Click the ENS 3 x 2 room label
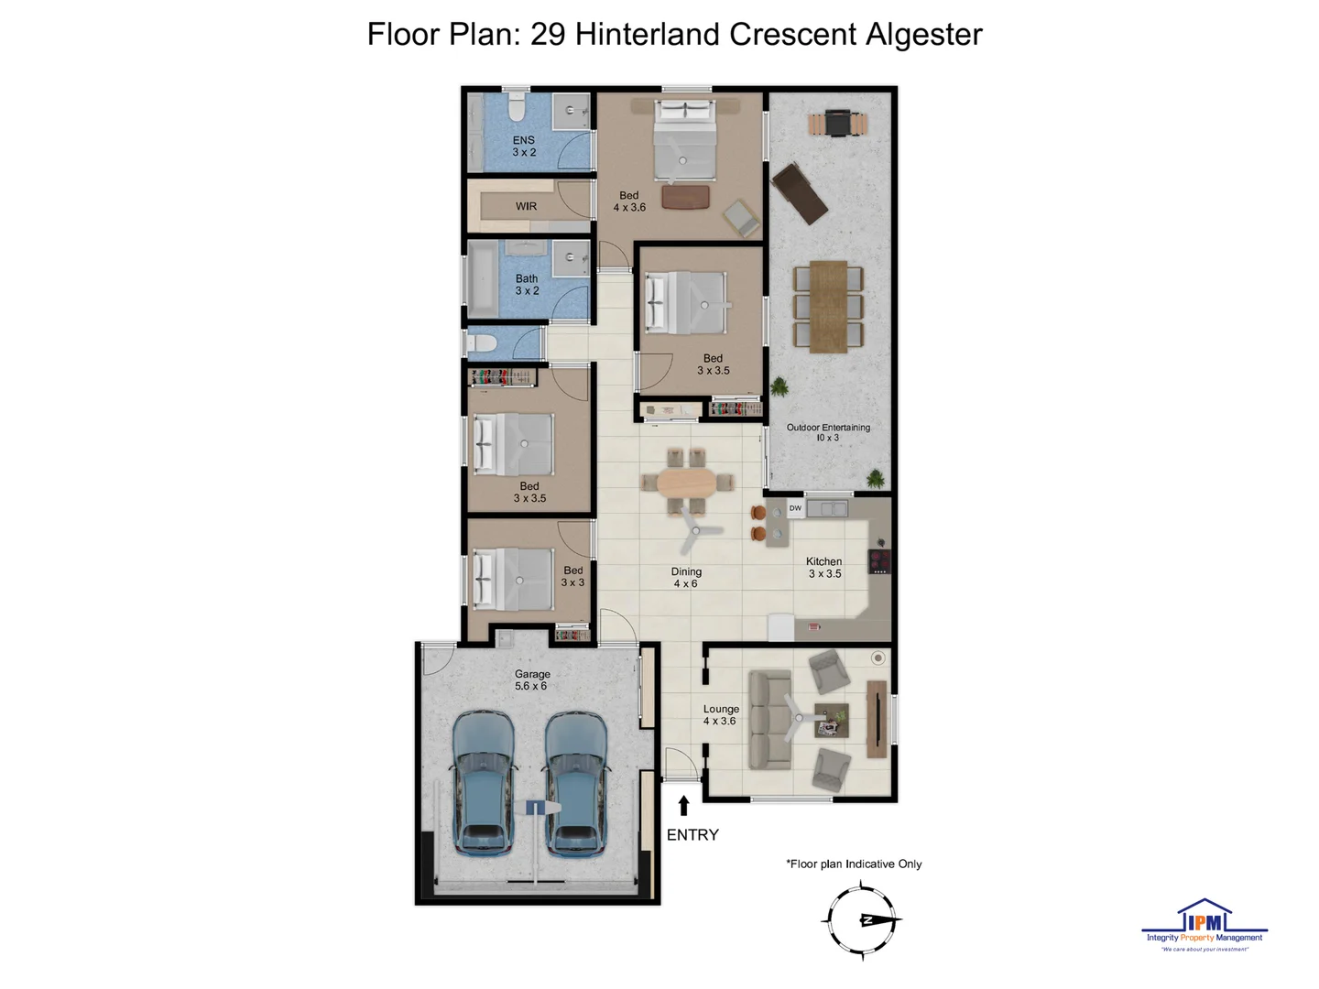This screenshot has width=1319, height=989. [524, 147]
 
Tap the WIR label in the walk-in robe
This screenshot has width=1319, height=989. [526, 207]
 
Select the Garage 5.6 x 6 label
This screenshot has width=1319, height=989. [531, 680]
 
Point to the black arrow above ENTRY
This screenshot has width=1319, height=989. [683, 805]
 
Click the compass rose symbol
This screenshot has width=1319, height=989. [862, 919]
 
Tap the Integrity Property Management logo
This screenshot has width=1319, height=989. [1205, 925]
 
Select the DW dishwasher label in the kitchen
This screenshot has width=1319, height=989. [795, 508]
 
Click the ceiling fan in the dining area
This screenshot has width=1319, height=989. [695, 531]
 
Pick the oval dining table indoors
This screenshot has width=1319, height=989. [688, 483]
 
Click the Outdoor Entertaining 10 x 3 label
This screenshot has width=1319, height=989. [828, 432]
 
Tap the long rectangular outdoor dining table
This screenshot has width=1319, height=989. [828, 306]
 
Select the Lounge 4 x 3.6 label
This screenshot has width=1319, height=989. [721, 715]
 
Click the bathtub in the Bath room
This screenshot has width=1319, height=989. [482, 280]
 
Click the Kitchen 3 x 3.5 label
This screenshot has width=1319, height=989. [824, 568]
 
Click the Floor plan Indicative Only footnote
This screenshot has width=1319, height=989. [854, 864]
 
